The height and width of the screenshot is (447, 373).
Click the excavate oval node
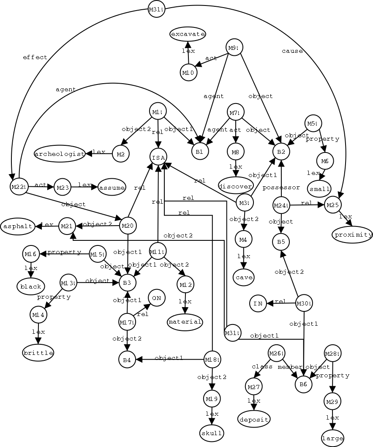188,34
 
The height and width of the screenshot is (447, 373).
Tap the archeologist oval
60,153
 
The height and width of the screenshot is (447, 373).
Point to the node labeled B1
200,151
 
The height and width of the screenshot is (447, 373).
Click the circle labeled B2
281,151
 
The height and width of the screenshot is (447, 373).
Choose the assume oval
112,188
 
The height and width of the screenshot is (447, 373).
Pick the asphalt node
17,226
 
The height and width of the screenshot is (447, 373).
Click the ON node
156,298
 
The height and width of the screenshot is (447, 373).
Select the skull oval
212,433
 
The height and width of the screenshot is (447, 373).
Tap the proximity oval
353,234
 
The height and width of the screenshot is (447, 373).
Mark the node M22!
19,187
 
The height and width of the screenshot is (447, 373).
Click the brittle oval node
38,353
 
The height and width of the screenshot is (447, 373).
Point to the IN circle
258,303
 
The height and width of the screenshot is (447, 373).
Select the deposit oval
254,419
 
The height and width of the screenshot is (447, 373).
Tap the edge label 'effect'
35,57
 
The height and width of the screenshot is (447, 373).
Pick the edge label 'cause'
292,51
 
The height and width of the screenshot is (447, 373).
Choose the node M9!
234,48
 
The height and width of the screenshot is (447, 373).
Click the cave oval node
243,278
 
